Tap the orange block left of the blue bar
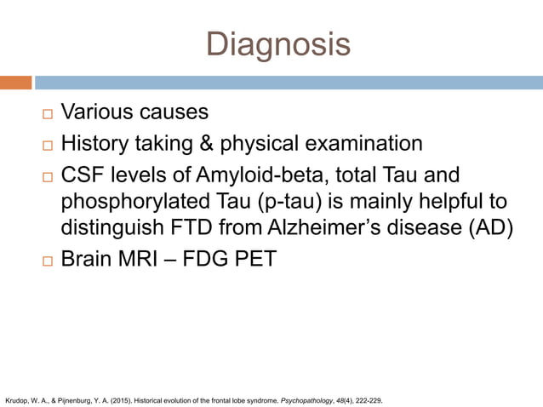click(x=16, y=83)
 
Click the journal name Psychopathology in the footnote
click(x=296, y=396)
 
